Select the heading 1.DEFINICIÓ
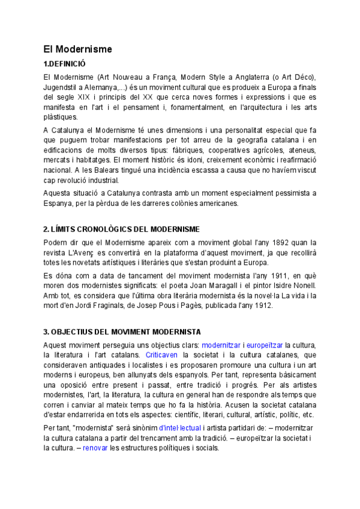(x=65, y=64)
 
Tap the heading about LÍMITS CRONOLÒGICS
(x=122, y=229)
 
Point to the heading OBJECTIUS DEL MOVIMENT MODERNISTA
(x=122, y=331)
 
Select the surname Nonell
(x=301, y=285)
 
